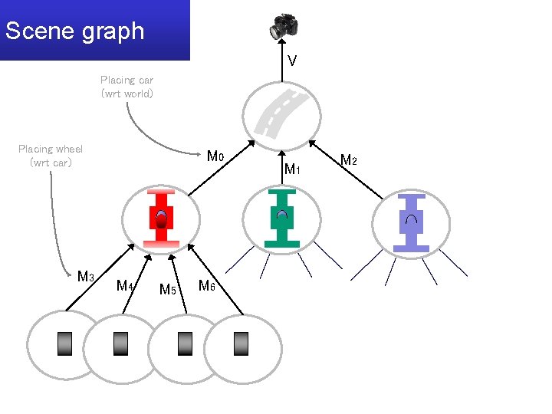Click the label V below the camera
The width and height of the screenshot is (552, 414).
pos(292,61)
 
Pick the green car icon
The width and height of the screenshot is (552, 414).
pos(281,218)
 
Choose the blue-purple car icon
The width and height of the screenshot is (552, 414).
pos(411,222)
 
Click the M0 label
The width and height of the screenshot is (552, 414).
pos(215,156)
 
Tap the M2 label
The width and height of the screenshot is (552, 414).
pos(348,160)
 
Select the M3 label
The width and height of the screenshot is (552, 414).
pos(86,276)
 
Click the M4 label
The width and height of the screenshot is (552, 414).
pos(125,286)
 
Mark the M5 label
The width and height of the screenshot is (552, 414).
pos(167,289)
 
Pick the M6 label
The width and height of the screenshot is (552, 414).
pos(206,286)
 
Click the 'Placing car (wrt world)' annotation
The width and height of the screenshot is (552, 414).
pos(127,87)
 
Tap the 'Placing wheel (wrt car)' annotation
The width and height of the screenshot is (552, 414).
pos(51,156)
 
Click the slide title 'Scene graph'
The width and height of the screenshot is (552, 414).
pos(74,31)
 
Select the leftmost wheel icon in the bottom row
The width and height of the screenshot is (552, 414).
pos(65,343)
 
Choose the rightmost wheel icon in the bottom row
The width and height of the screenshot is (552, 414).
pos(242,343)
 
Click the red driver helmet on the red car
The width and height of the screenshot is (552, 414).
pos(161,220)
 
